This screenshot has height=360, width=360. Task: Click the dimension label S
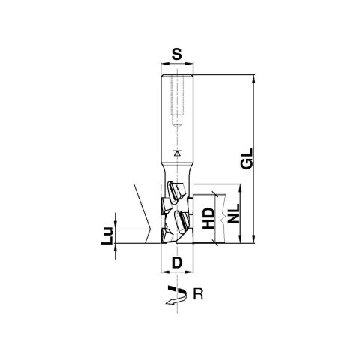click(x=177, y=54)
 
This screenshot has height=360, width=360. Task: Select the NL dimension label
click(x=234, y=214)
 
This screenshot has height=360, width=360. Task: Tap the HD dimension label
click(x=208, y=218)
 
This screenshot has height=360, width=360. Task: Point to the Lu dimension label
click(x=106, y=235)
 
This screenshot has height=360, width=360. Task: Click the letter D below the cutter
click(x=177, y=262)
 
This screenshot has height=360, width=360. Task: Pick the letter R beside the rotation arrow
click(x=198, y=294)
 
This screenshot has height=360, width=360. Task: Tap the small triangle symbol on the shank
click(x=177, y=153)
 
